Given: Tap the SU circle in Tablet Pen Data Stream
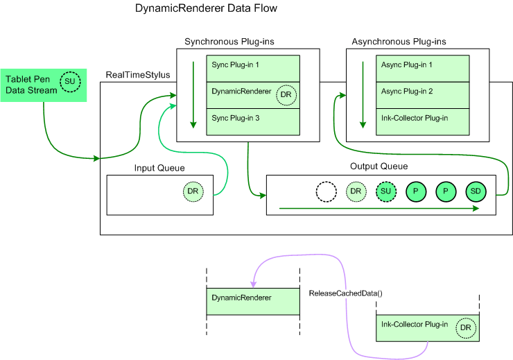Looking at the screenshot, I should point(69,83).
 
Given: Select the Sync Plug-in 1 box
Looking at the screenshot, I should point(252,69).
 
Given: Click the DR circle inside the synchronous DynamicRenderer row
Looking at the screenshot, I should point(286,95).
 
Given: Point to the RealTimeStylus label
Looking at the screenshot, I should point(137,74).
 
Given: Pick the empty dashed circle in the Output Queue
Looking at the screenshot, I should point(325,191).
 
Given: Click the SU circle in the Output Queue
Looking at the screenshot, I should point(385,191).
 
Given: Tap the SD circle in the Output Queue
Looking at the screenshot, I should point(476,191).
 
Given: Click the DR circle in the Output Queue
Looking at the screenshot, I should point(356,191).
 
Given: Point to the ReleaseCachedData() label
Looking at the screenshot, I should point(345,293).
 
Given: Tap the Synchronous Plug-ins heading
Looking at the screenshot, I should point(229,42).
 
